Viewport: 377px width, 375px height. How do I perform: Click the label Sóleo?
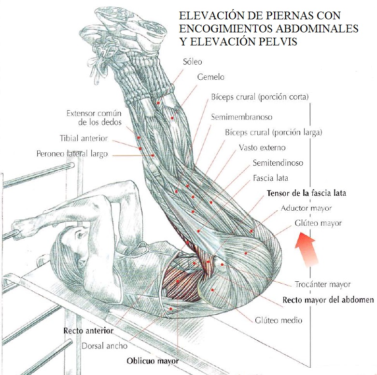pos(192,62)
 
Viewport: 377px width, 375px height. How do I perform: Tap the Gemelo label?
pos(210,77)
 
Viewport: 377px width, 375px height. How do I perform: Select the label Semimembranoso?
pos(241,117)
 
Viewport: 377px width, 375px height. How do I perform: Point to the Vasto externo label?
pos(262,148)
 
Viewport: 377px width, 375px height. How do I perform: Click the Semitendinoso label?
pos(278,163)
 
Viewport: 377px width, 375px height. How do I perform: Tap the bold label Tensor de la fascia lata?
pos(306,193)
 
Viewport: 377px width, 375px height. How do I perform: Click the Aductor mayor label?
pos(306,208)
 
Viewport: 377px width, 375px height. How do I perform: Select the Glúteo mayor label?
pos(318,223)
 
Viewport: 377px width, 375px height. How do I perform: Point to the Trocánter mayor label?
pos(322,284)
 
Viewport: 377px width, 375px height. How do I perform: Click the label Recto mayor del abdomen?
pos(328,300)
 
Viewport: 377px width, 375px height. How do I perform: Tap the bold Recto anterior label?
pos(88,331)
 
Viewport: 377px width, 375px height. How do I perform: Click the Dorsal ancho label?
pos(104,346)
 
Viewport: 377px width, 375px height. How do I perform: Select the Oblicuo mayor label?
pos(153,361)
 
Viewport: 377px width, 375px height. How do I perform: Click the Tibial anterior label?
pos(84,138)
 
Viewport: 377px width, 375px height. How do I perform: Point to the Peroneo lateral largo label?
pos(72,154)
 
